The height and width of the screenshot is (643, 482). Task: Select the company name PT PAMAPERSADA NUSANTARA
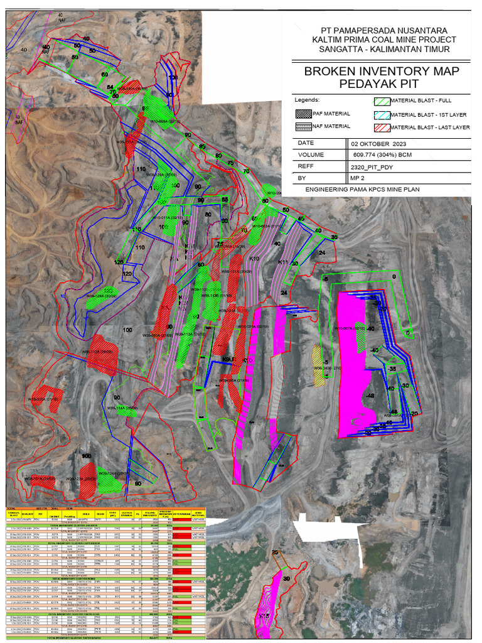point(384,30)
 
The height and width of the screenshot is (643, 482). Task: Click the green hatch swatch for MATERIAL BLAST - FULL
point(381,100)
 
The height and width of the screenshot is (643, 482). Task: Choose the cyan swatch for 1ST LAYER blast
point(381,114)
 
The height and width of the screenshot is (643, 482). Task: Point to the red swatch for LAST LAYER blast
point(381,127)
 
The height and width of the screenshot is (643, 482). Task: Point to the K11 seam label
point(282,262)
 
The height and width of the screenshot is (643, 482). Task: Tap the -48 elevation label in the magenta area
point(370,396)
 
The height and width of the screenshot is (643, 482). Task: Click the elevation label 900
point(87,456)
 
